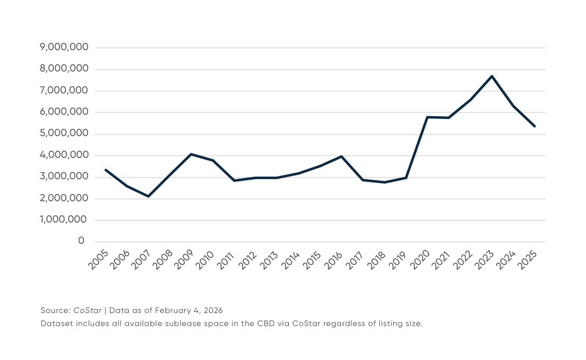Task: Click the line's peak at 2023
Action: (492, 76)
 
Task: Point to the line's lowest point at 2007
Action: (148, 196)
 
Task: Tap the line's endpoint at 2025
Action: (534, 126)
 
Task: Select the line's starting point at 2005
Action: (105, 169)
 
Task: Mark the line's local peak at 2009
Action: (191, 154)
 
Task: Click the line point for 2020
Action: (427, 117)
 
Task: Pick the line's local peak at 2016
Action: (342, 156)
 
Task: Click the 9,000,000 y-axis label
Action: (64, 48)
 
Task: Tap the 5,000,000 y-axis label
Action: (64, 134)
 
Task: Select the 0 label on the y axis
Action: (82, 242)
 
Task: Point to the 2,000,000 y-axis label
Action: (64, 199)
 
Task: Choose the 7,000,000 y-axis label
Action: (64, 90)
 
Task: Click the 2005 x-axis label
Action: (100, 260)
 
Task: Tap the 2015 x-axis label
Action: (314, 260)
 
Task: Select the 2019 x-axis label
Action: (400, 260)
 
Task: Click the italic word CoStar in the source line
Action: (88, 310)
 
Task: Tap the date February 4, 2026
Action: (192, 310)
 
